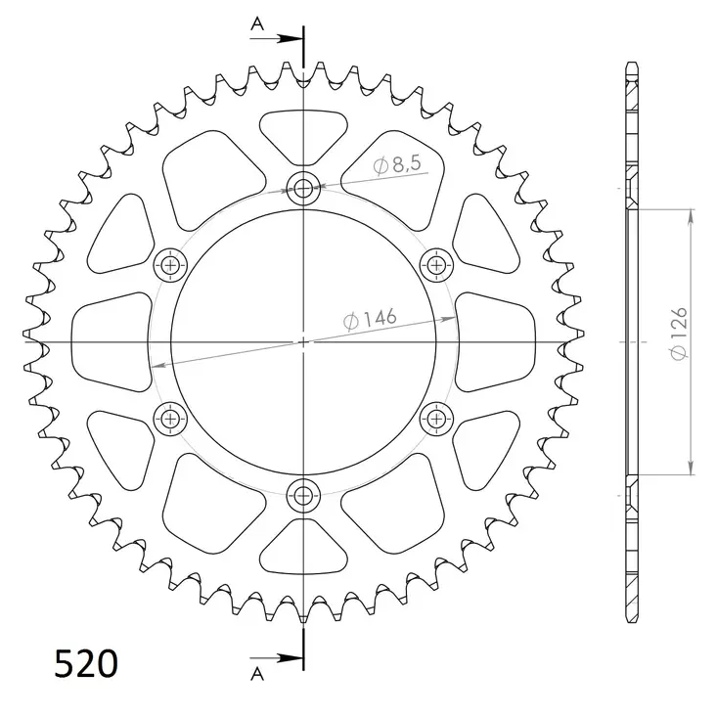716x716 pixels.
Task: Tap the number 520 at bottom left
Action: (x=86, y=664)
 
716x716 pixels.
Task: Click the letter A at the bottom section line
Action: (x=257, y=673)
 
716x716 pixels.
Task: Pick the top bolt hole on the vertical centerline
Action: (x=304, y=189)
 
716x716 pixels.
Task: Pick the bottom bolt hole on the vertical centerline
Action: (x=304, y=493)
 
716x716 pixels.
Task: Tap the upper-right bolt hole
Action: (x=435, y=264)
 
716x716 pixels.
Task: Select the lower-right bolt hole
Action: (x=435, y=419)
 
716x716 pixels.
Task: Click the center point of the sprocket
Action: (x=304, y=341)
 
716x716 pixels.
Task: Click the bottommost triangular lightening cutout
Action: (x=304, y=548)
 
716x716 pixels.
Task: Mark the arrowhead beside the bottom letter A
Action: (x=292, y=656)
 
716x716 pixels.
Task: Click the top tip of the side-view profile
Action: (x=632, y=67)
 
